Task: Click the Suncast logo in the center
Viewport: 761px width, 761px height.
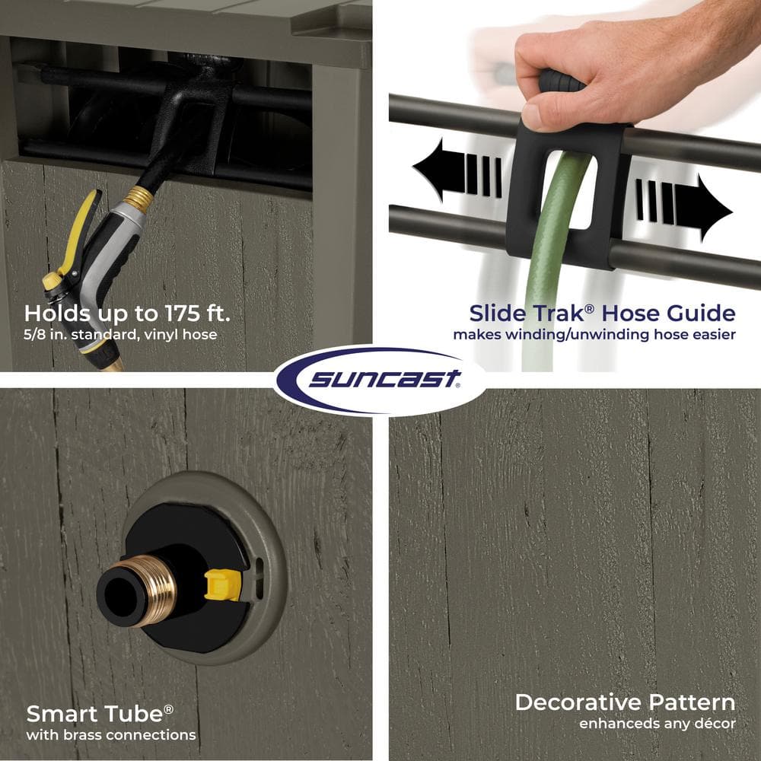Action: coord(380,380)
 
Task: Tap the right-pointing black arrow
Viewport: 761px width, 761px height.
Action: coord(684,207)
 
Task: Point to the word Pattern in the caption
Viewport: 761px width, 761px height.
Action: coord(692,702)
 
